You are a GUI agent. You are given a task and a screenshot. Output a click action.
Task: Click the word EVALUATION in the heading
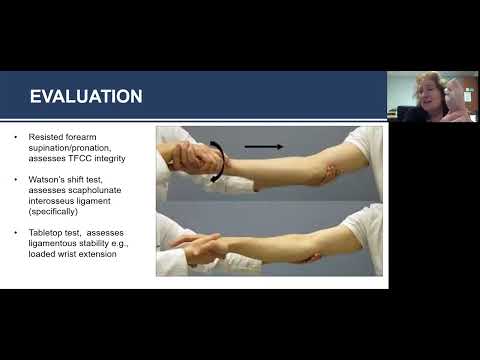coord(86,96)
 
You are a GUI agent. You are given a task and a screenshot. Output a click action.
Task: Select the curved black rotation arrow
coord(216,162)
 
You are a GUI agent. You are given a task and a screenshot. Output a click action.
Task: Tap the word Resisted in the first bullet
coord(47,135)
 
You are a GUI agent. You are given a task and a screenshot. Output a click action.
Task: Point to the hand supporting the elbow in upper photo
coord(329,174)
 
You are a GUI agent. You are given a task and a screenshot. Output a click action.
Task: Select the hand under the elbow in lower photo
coord(313,257)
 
